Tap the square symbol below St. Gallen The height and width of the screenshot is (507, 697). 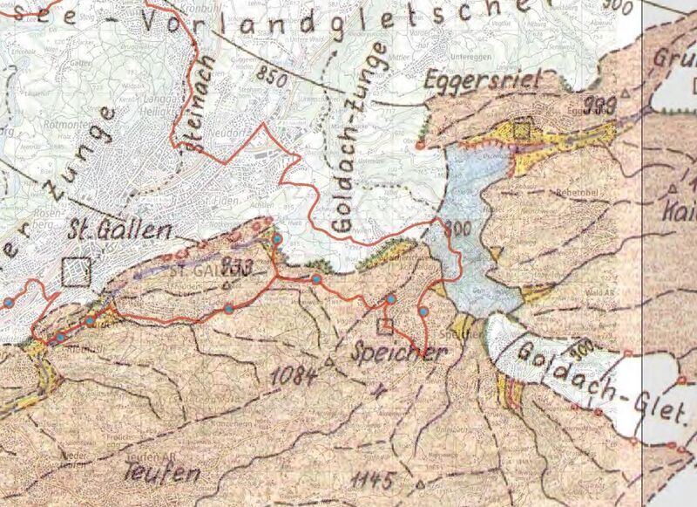(77, 271)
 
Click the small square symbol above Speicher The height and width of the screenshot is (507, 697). (384, 326)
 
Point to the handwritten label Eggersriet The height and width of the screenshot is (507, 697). (483, 82)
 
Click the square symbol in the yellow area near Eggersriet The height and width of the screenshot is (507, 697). (521, 129)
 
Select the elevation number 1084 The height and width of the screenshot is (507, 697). (293, 375)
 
